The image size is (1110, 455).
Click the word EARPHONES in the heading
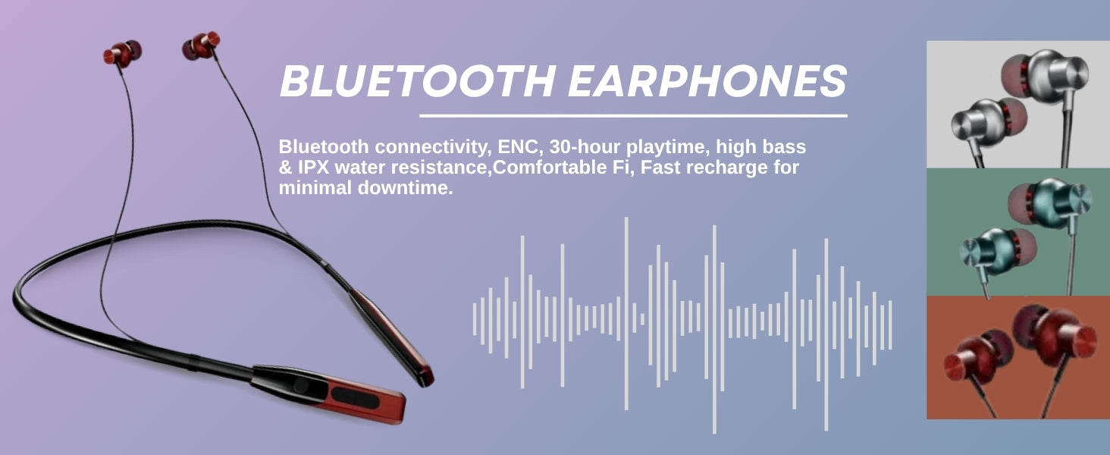(707, 81)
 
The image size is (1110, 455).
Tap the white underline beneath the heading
(633, 116)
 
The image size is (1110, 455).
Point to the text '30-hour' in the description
(585, 146)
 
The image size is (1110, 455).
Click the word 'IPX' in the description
(313, 168)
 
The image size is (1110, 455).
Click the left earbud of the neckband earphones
(122, 53)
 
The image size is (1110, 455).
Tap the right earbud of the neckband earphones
(201, 45)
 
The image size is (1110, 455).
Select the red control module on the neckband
(330, 394)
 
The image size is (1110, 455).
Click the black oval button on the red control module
(355, 397)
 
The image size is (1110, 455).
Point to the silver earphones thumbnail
(1018, 105)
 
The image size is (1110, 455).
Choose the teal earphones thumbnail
(1018, 232)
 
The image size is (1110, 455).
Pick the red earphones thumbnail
(1018, 357)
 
